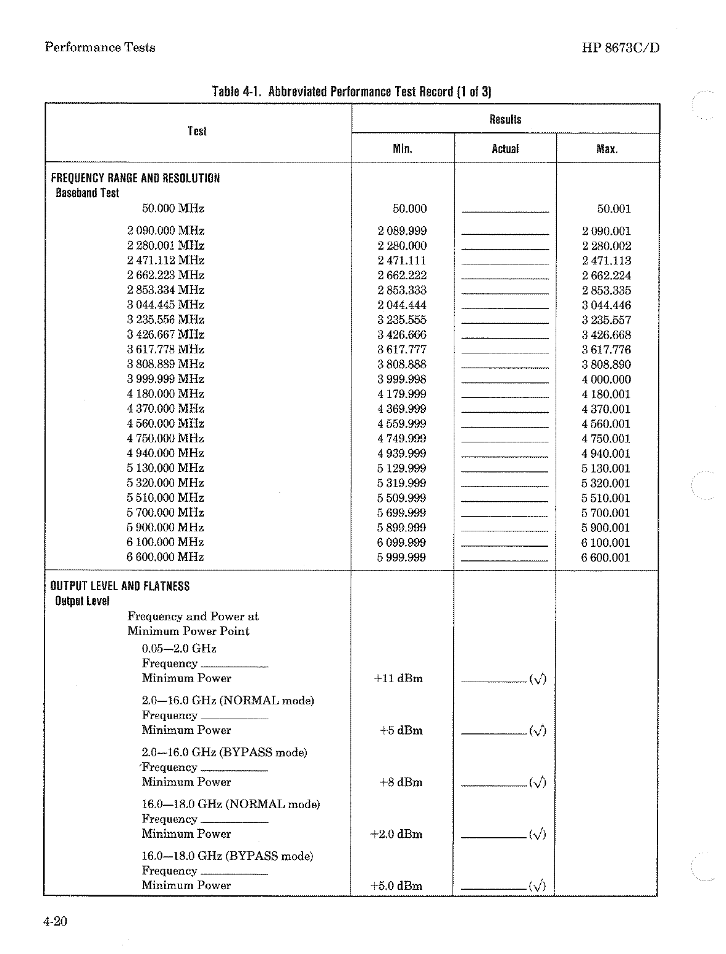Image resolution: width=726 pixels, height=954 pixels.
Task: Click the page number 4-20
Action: point(55,922)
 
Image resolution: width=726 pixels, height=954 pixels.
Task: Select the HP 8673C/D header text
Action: point(620,48)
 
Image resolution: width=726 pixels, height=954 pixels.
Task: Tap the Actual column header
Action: point(505,149)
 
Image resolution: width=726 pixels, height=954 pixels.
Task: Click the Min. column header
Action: point(403,149)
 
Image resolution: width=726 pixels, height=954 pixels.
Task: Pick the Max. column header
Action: point(607,149)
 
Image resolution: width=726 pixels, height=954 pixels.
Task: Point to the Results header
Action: point(505,119)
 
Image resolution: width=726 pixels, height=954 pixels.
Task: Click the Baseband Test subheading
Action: point(87,193)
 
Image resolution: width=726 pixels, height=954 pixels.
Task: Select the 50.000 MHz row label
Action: point(173,209)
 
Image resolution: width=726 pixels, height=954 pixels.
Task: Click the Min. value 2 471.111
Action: point(402,261)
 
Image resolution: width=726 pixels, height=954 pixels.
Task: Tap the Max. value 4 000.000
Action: point(606,379)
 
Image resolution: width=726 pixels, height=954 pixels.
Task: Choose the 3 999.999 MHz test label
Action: point(165,379)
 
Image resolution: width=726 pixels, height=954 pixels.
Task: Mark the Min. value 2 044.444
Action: point(402,305)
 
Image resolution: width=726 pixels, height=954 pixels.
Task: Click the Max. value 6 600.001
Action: point(606,557)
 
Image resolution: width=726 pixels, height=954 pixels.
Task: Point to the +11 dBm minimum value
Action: point(398,678)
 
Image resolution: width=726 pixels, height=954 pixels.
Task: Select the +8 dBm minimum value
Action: point(401,782)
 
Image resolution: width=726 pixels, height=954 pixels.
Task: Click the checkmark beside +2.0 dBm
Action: point(538,835)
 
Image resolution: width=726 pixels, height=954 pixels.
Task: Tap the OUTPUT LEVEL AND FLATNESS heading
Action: point(120,586)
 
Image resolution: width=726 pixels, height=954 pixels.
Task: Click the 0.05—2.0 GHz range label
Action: point(179,649)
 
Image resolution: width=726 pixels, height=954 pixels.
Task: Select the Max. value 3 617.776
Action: point(606,350)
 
